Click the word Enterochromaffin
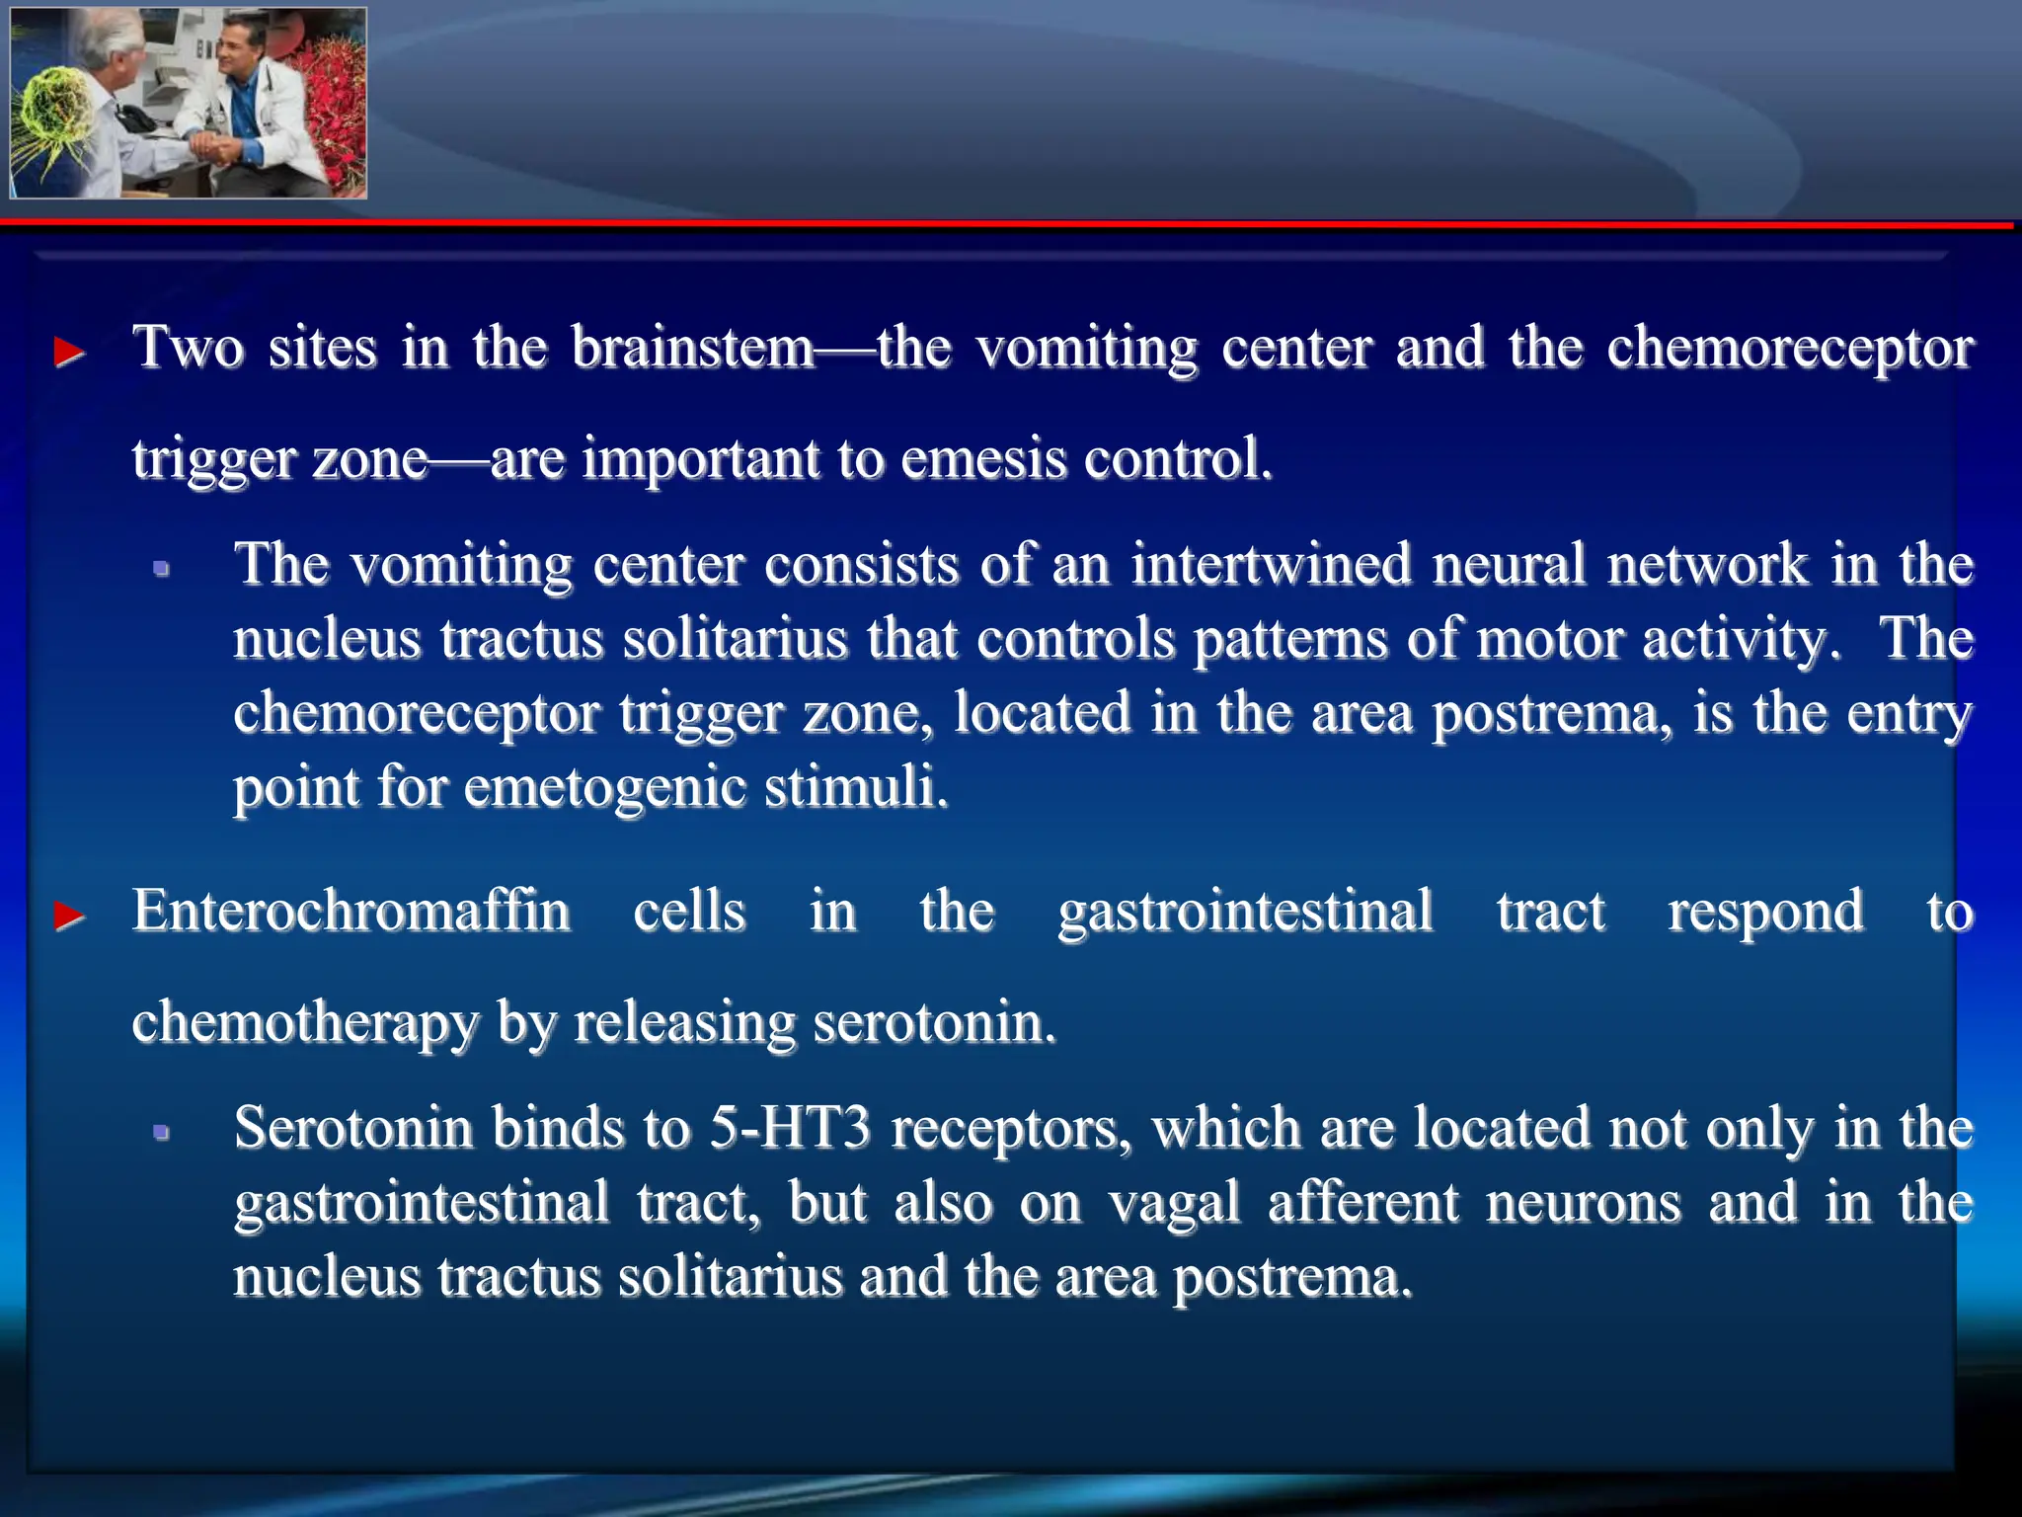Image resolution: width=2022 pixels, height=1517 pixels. click(351, 911)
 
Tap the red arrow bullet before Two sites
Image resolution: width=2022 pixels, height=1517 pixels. click(69, 352)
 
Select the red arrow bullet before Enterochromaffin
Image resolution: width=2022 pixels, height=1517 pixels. click(69, 916)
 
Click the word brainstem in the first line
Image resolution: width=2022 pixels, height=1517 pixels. click(693, 348)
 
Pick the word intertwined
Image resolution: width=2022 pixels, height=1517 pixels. click(1272, 565)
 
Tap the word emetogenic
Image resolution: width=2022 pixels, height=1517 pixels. click(604, 788)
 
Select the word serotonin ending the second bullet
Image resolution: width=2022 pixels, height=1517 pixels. click(934, 1023)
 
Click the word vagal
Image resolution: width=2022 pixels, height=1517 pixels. click(1174, 1203)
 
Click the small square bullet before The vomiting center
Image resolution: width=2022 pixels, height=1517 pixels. click(162, 569)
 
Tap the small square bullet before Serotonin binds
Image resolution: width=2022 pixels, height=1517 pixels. click(162, 1133)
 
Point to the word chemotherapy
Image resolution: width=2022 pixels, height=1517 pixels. click(305, 1023)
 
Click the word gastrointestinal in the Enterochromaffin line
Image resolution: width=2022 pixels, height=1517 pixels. click(1245, 911)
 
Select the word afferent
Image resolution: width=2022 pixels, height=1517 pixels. click(1363, 1203)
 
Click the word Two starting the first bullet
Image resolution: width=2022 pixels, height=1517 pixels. click(189, 348)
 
